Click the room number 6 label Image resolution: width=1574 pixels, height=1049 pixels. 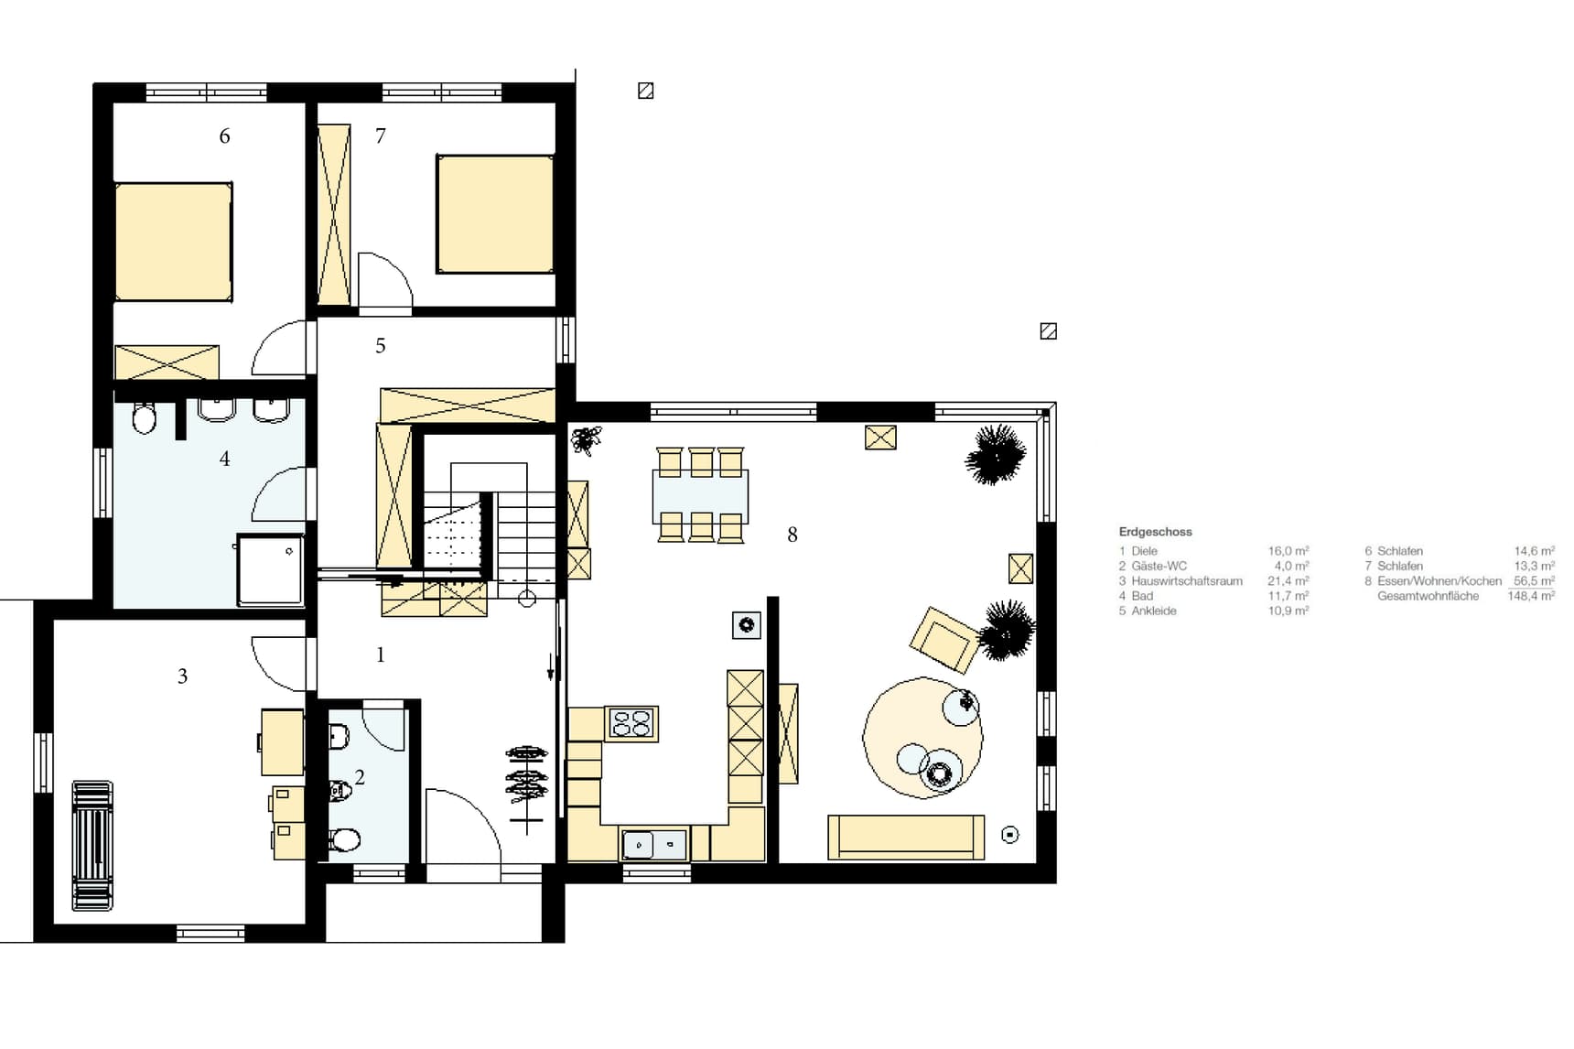[x=224, y=136]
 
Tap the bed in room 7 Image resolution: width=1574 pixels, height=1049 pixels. [x=495, y=214]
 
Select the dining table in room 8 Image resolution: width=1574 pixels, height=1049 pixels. [x=700, y=495]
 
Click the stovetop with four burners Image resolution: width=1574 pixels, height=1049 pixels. [x=631, y=723]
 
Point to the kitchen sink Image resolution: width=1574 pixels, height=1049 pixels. [x=653, y=844]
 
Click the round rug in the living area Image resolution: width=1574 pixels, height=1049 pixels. [x=922, y=738]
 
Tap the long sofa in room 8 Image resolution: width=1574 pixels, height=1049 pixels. [x=906, y=838]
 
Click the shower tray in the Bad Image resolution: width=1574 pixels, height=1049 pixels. [x=270, y=569]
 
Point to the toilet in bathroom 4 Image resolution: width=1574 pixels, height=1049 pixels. [x=145, y=419]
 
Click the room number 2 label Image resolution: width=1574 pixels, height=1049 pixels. [x=360, y=777]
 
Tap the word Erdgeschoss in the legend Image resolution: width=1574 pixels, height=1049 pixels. [x=1155, y=532]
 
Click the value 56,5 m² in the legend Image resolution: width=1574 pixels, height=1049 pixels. [x=1534, y=581]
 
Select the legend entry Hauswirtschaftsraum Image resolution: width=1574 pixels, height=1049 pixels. [x=1186, y=581]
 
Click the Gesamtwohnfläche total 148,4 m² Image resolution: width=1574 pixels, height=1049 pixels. [x=1530, y=596]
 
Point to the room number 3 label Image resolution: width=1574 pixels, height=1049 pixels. [x=182, y=676]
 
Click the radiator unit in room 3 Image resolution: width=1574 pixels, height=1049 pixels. [x=92, y=846]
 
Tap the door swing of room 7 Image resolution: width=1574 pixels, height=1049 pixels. [x=384, y=281]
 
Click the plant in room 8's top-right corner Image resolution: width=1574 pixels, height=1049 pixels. [x=995, y=454]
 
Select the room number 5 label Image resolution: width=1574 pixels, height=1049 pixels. [x=381, y=346]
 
